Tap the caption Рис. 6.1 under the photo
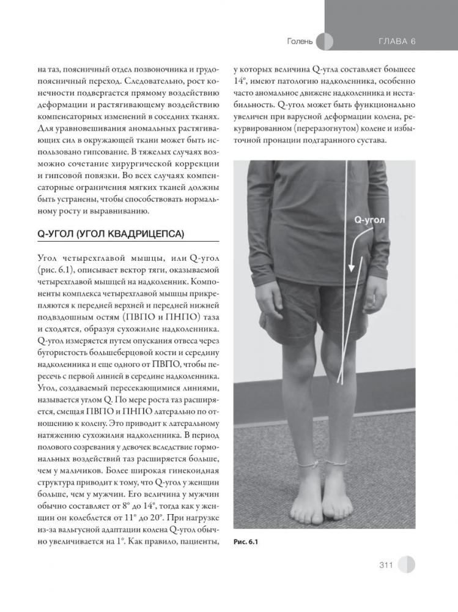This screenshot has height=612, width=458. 246,541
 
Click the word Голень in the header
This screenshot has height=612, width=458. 300,42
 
